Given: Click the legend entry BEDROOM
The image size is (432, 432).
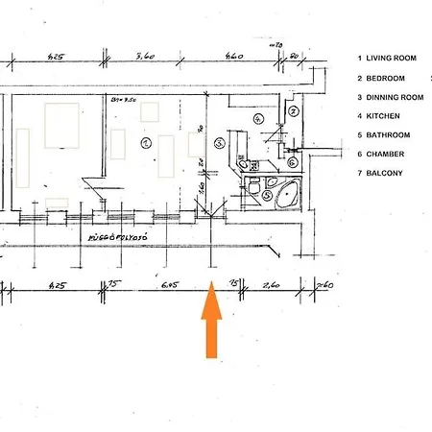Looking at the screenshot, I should (x=381, y=78).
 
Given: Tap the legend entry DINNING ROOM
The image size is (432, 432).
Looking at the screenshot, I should (x=388, y=97).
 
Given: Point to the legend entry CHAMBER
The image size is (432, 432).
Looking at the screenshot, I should (x=381, y=154).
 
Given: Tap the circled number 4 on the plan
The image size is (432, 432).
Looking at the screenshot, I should (x=257, y=118).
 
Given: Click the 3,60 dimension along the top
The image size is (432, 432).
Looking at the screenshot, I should (x=146, y=57).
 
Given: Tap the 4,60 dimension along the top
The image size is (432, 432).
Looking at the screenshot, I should (x=234, y=57).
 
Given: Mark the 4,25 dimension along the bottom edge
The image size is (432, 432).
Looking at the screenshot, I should (x=57, y=284).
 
